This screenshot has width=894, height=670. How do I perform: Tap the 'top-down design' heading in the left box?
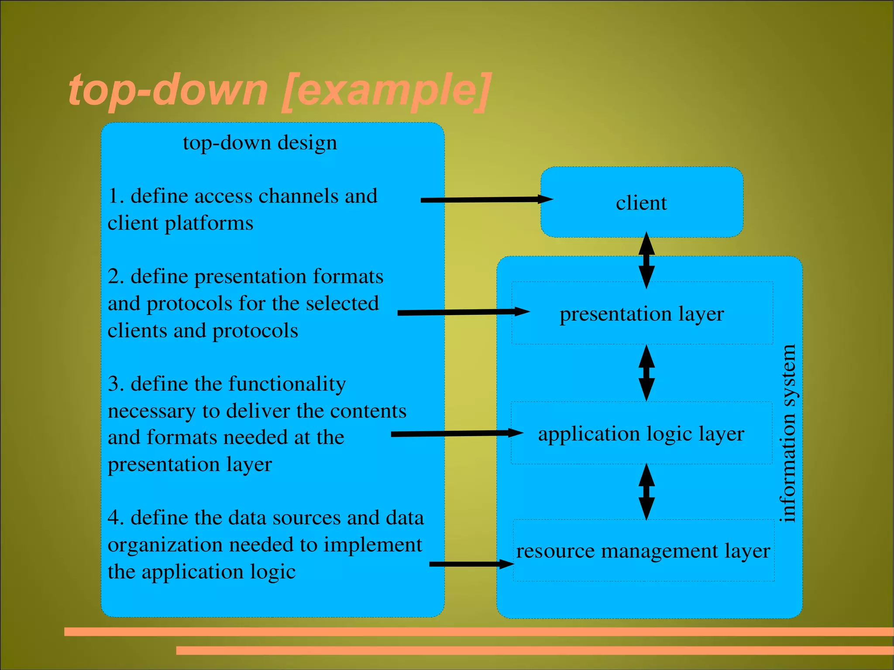(260, 143)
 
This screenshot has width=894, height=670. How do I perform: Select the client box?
(641, 203)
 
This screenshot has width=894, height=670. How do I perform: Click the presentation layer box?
(642, 313)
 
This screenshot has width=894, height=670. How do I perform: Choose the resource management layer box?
(643, 551)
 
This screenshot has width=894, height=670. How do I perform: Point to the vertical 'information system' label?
(788, 433)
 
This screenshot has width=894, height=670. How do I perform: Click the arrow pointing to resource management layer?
(471, 564)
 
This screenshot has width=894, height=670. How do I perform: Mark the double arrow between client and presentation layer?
(646, 260)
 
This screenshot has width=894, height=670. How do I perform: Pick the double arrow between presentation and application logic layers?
(646, 373)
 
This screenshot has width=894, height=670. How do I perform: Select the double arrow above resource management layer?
(646, 491)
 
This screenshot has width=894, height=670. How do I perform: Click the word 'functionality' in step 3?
(287, 384)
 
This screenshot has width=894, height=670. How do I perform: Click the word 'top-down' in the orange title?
(168, 90)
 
